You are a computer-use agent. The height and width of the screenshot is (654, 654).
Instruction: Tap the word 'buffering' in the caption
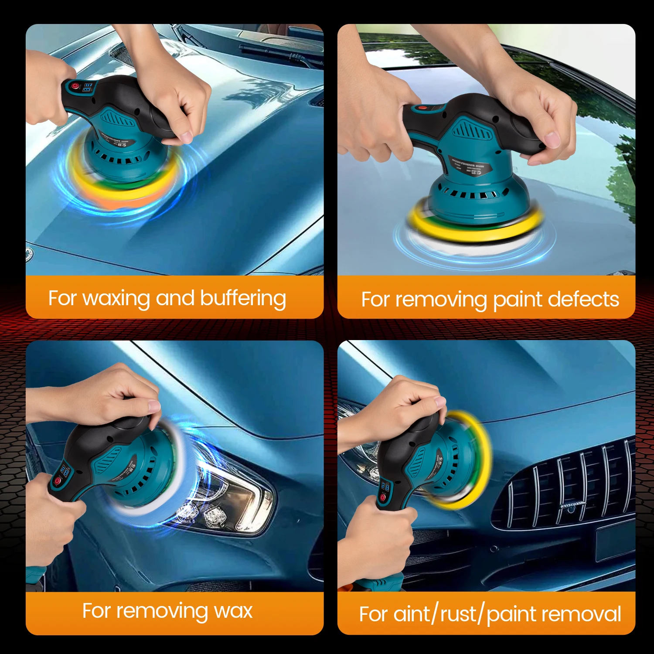click(x=243, y=299)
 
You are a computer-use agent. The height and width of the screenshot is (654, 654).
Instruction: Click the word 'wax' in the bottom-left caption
click(x=233, y=611)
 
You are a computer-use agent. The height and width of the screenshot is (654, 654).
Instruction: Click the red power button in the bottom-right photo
click(x=382, y=497)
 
